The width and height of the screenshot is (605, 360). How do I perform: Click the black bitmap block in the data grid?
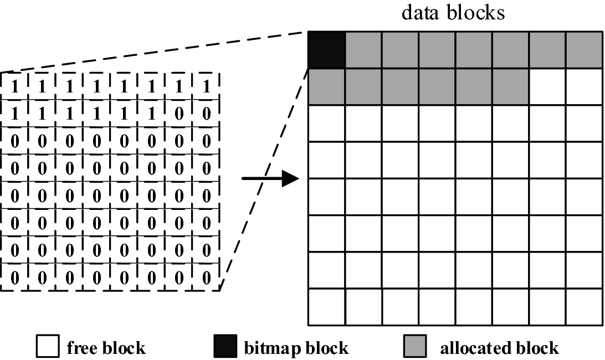[327, 50]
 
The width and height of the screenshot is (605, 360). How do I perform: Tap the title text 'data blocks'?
[453, 12]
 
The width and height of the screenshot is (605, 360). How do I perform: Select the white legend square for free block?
[47, 347]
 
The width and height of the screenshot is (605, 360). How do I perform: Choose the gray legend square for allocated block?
[416, 347]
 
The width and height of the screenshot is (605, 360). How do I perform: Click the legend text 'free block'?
[106, 348]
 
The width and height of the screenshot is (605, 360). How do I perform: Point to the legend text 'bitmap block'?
[296, 348]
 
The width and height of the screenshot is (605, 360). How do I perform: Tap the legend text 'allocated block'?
[499, 348]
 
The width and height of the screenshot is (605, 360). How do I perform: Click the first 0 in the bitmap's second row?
[179, 114]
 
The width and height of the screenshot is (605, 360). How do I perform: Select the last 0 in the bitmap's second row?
[206, 114]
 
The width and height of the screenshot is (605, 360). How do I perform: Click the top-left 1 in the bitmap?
[15, 87]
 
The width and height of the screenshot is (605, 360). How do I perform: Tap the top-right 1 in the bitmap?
[206, 87]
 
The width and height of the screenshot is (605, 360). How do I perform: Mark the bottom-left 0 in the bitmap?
[15, 277]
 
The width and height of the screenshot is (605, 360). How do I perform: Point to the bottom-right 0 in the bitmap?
[206, 277]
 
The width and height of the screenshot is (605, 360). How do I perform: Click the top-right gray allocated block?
[585, 50]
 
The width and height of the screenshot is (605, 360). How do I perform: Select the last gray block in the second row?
[510, 86]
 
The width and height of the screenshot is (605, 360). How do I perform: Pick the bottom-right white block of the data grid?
[585, 306]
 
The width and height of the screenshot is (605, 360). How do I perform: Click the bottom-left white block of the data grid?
[327, 306]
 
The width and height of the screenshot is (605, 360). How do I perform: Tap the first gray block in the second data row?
[327, 86]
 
